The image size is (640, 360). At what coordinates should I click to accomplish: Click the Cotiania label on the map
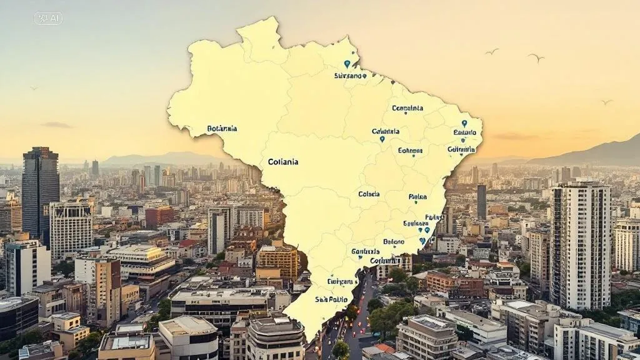tap(282, 161)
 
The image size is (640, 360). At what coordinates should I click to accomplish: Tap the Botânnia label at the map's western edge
tap(222, 129)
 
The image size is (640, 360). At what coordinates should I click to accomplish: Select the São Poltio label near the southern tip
tap(331, 299)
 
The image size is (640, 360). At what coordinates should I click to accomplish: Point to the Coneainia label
tap(407, 108)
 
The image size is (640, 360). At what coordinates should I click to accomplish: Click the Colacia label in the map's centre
tap(369, 194)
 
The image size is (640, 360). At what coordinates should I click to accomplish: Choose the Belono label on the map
tap(393, 241)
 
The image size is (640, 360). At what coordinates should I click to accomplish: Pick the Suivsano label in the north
tap(348, 76)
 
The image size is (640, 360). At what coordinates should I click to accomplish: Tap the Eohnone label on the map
tap(410, 151)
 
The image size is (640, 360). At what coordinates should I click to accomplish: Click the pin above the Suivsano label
tap(347, 64)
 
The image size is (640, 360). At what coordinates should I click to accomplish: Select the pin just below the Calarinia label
tap(382, 139)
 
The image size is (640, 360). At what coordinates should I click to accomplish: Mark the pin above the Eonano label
tap(464, 124)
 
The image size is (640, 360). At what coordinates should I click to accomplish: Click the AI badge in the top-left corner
tap(48, 19)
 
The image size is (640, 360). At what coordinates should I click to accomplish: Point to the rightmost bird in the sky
tap(606, 102)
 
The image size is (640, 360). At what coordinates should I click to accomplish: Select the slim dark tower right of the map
tap(481, 201)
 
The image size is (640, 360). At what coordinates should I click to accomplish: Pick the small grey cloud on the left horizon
tap(56, 125)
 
